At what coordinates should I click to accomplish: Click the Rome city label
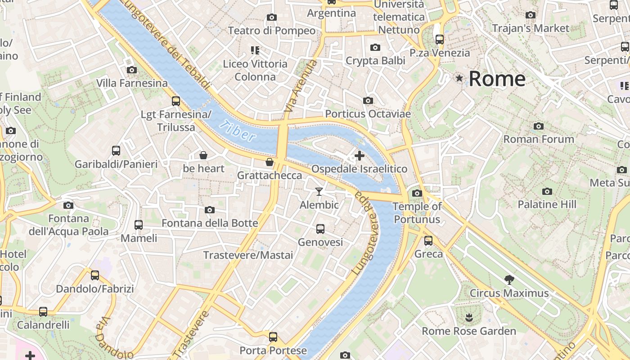coord(497,79)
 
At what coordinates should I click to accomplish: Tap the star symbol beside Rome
coord(459,78)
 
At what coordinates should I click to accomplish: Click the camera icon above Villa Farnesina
coord(132,70)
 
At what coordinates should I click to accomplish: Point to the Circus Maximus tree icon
coord(509,280)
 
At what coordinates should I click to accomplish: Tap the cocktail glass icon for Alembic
coord(319,192)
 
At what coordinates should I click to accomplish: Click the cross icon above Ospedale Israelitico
coord(359,156)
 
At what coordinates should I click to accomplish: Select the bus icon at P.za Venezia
coord(440,40)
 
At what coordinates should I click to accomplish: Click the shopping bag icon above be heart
coord(203,156)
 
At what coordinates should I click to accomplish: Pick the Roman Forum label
coord(538,139)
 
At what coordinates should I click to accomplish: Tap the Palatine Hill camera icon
coord(547,191)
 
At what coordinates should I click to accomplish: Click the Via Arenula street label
coord(301,86)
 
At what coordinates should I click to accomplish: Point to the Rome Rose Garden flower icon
coord(468,318)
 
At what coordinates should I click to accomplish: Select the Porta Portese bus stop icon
coord(273,337)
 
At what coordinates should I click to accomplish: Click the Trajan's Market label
coord(530,28)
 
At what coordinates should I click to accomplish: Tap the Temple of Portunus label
coord(417,213)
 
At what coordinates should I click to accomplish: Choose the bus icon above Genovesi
coord(320,229)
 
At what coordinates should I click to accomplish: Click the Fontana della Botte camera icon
coord(209,210)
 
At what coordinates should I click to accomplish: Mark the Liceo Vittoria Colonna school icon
coord(255,50)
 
